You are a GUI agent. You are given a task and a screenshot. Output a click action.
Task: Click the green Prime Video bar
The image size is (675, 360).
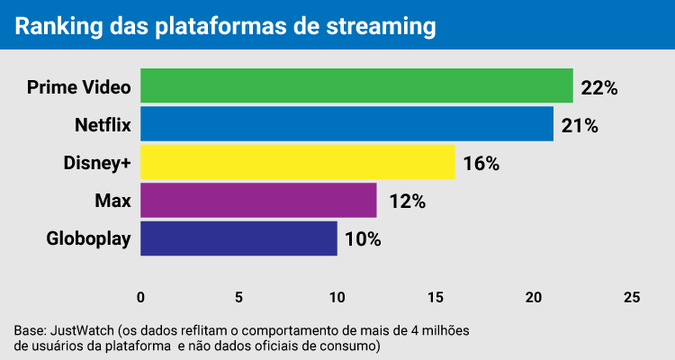[x=356, y=86]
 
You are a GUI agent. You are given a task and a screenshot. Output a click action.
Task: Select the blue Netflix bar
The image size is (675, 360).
[x=346, y=124]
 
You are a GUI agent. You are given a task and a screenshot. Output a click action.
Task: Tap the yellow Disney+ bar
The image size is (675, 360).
[x=297, y=163]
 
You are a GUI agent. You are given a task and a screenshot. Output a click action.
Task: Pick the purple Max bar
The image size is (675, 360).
[x=258, y=201]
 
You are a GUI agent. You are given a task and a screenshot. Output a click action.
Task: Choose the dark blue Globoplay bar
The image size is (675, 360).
[x=238, y=238]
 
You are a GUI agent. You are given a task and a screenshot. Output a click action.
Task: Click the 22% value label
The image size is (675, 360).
[x=599, y=87]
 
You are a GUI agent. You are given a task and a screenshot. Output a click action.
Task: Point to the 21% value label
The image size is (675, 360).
[x=580, y=125]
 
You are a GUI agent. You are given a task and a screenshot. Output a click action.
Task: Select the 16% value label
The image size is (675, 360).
[x=481, y=164]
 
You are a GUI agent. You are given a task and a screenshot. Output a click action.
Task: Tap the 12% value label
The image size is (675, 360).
[x=406, y=202]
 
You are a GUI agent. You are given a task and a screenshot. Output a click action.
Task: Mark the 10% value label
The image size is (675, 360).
[x=363, y=239]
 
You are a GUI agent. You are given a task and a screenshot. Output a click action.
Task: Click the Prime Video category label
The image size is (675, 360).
[x=79, y=87]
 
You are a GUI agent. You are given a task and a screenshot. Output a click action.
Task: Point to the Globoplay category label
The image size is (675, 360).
[x=88, y=239]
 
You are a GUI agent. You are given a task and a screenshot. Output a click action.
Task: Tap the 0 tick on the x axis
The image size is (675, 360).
[x=140, y=298]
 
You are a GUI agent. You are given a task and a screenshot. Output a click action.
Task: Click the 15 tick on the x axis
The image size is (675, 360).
[x=435, y=298]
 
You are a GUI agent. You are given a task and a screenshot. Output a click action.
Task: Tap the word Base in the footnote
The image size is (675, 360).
[x=29, y=330]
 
